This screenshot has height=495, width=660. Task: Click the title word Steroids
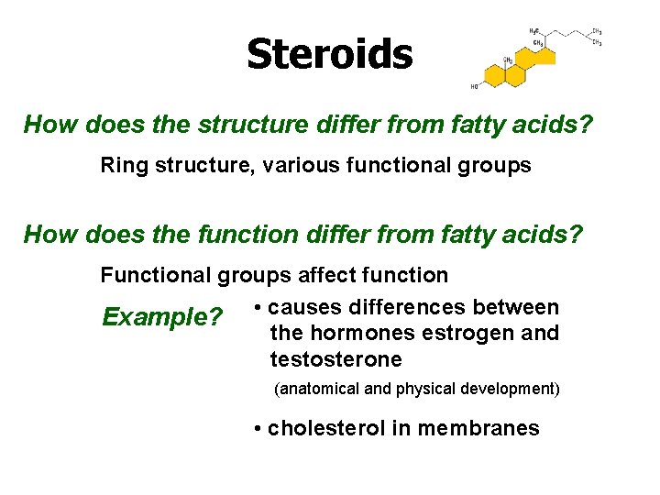point(329,54)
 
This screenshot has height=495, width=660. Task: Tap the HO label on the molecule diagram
point(474,87)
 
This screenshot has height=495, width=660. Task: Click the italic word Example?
point(162,318)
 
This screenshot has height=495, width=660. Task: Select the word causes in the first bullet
point(302,307)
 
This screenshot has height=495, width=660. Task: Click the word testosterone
point(335,359)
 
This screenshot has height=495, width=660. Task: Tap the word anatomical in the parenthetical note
point(317,389)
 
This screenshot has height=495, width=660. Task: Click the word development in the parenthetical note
point(512,389)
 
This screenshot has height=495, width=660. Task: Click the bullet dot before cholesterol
point(259,428)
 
